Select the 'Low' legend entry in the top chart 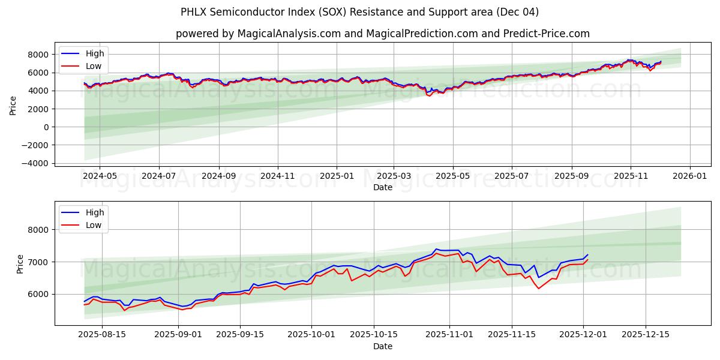click(94, 66)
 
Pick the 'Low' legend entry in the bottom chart click(94, 225)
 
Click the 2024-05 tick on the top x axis click(99, 177)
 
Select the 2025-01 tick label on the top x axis click(336, 177)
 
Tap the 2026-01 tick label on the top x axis click(689, 177)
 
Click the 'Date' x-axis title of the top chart click(382, 187)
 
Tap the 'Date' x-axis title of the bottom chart click(382, 346)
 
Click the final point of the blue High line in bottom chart click(588, 254)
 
